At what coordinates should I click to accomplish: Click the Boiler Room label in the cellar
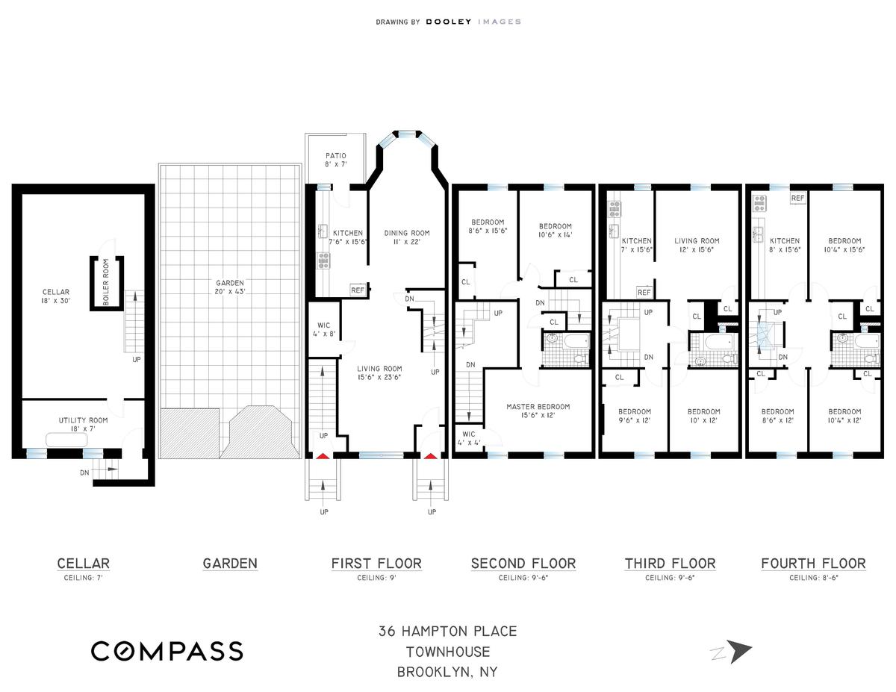coord(106,282)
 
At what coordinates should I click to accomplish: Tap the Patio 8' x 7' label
coord(336,160)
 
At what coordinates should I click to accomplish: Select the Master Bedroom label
coord(538,411)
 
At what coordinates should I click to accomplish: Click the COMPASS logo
coord(167,651)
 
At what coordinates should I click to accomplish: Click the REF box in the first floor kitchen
coord(358,290)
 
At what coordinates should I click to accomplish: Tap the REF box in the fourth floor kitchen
coord(797,198)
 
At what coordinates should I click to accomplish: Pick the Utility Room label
coord(84,424)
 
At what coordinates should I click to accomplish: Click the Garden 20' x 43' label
coord(230,287)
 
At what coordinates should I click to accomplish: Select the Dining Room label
coord(407,237)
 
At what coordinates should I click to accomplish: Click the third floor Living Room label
coord(697,245)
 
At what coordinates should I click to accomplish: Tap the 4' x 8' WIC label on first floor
coord(324,329)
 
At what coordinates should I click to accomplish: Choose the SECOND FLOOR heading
coord(523,563)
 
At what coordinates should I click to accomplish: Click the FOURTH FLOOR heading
coord(813,563)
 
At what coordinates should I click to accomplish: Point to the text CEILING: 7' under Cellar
coord(83,578)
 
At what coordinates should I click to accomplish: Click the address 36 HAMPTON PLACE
coord(447,631)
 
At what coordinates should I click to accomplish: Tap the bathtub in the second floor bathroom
coord(576,341)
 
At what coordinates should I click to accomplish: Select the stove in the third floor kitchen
coord(615,209)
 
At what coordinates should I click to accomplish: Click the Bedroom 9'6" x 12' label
coord(634,416)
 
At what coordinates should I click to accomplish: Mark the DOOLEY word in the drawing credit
coord(448,22)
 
